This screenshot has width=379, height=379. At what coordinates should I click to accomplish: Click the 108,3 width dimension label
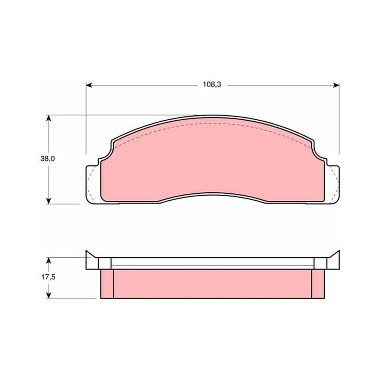coord(212,85)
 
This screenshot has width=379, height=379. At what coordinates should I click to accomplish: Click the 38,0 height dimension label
coord(48,159)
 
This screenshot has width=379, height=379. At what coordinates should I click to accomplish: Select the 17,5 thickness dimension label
coord(48,277)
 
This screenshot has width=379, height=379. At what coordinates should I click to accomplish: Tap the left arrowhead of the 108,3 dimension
coord(89,85)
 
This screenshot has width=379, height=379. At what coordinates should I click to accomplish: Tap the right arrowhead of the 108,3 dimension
coord(336,85)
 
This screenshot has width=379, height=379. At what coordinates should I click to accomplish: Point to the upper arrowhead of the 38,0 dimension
coord(49,118)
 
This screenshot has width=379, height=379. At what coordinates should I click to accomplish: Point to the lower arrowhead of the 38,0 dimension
coord(49,200)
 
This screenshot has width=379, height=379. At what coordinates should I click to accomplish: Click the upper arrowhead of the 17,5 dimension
coord(49,261)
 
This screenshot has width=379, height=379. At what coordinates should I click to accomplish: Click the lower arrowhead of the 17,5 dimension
coord(49,295)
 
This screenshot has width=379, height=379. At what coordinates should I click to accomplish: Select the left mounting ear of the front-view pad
coord(93,184)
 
